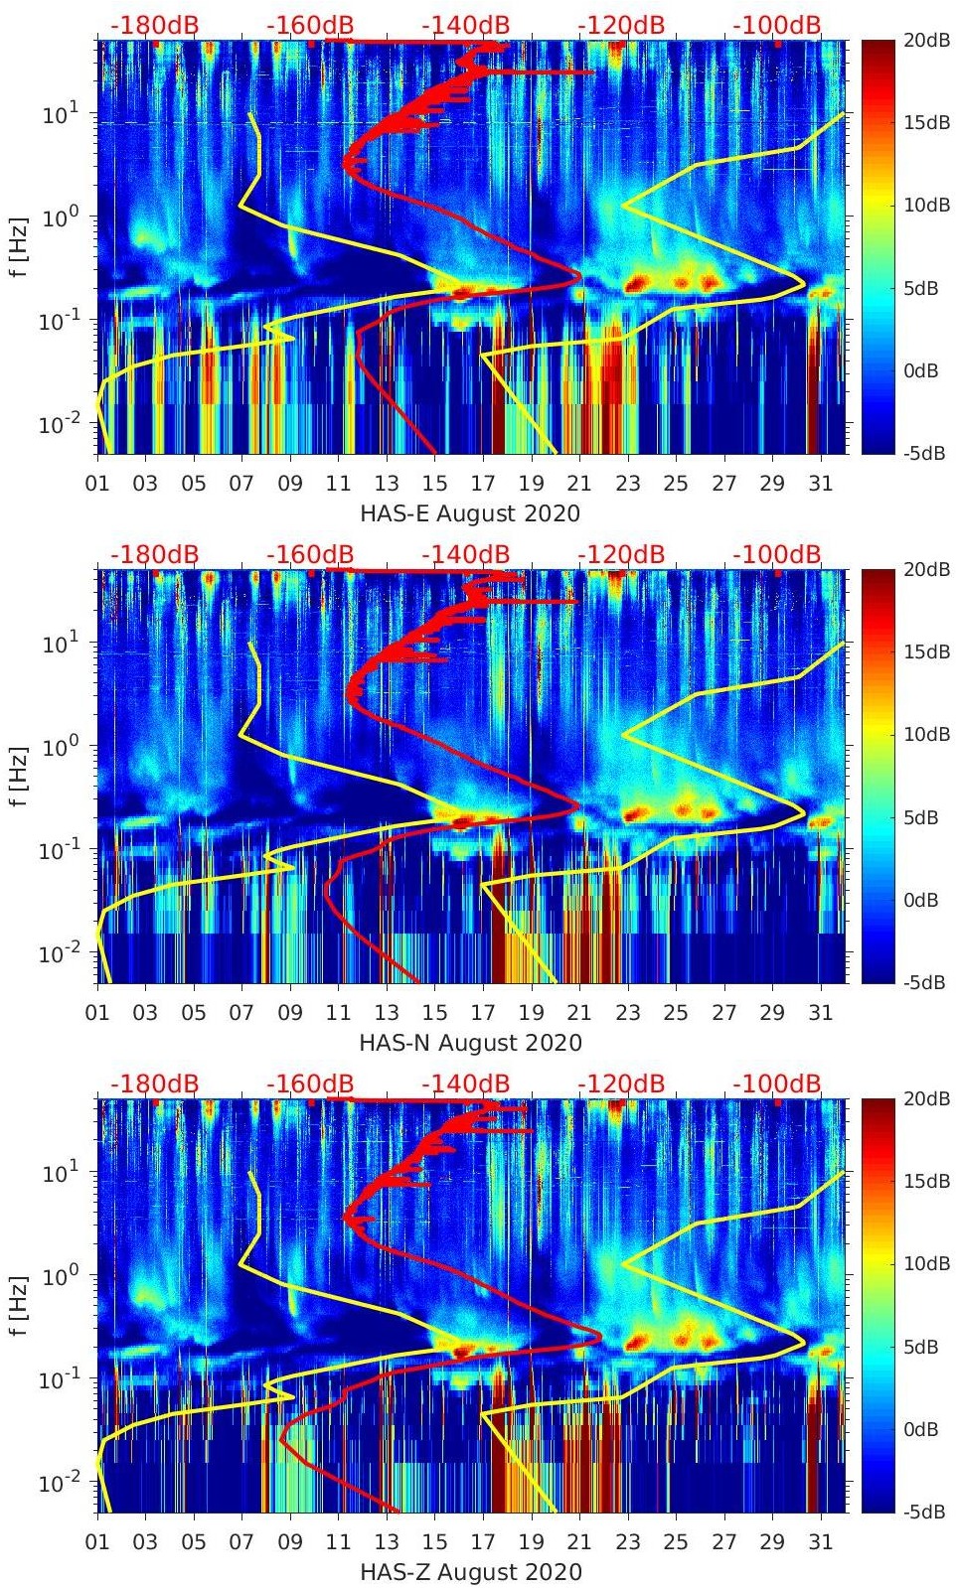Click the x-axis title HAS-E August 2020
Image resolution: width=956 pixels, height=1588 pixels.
pyautogui.click(x=470, y=512)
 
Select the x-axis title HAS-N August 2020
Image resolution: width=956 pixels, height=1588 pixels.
pyautogui.click(x=470, y=1042)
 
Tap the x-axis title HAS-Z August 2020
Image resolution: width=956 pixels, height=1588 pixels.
pyautogui.click(x=470, y=1571)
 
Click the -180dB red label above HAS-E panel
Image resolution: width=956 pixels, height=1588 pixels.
pyautogui.click(x=154, y=25)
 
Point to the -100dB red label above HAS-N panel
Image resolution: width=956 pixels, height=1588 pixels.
pyautogui.click(x=777, y=554)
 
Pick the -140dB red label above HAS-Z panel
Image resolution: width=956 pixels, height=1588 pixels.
pyautogui.click(x=466, y=1083)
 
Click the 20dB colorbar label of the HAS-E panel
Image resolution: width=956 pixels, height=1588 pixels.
pyautogui.click(x=928, y=41)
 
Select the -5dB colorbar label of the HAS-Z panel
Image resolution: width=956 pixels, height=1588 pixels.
pyautogui.click(x=925, y=1513)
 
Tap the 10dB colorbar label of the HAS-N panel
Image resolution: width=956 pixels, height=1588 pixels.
pyautogui.click(x=928, y=735)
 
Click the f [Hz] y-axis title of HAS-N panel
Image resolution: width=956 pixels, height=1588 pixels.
pyautogui.click(x=19, y=776)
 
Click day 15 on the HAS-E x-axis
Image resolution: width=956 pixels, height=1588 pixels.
pyautogui.click(x=435, y=483)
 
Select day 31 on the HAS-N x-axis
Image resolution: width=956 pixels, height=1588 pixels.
pyautogui.click(x=821, y=1012)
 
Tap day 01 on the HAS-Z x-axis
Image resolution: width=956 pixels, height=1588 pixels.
pyautogui.click(x=97, y=1541)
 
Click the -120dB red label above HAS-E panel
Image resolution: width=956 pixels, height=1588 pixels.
pyautogui.click(x=621, y=25)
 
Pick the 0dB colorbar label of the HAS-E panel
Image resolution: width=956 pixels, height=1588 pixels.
pyautogui.click(x=925, y=370)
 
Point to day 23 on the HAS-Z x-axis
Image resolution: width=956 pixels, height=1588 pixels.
pyautogui.click(x=628, y=1541)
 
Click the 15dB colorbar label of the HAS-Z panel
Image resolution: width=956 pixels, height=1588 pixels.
pyautogui.click(x=928, y=1181)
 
